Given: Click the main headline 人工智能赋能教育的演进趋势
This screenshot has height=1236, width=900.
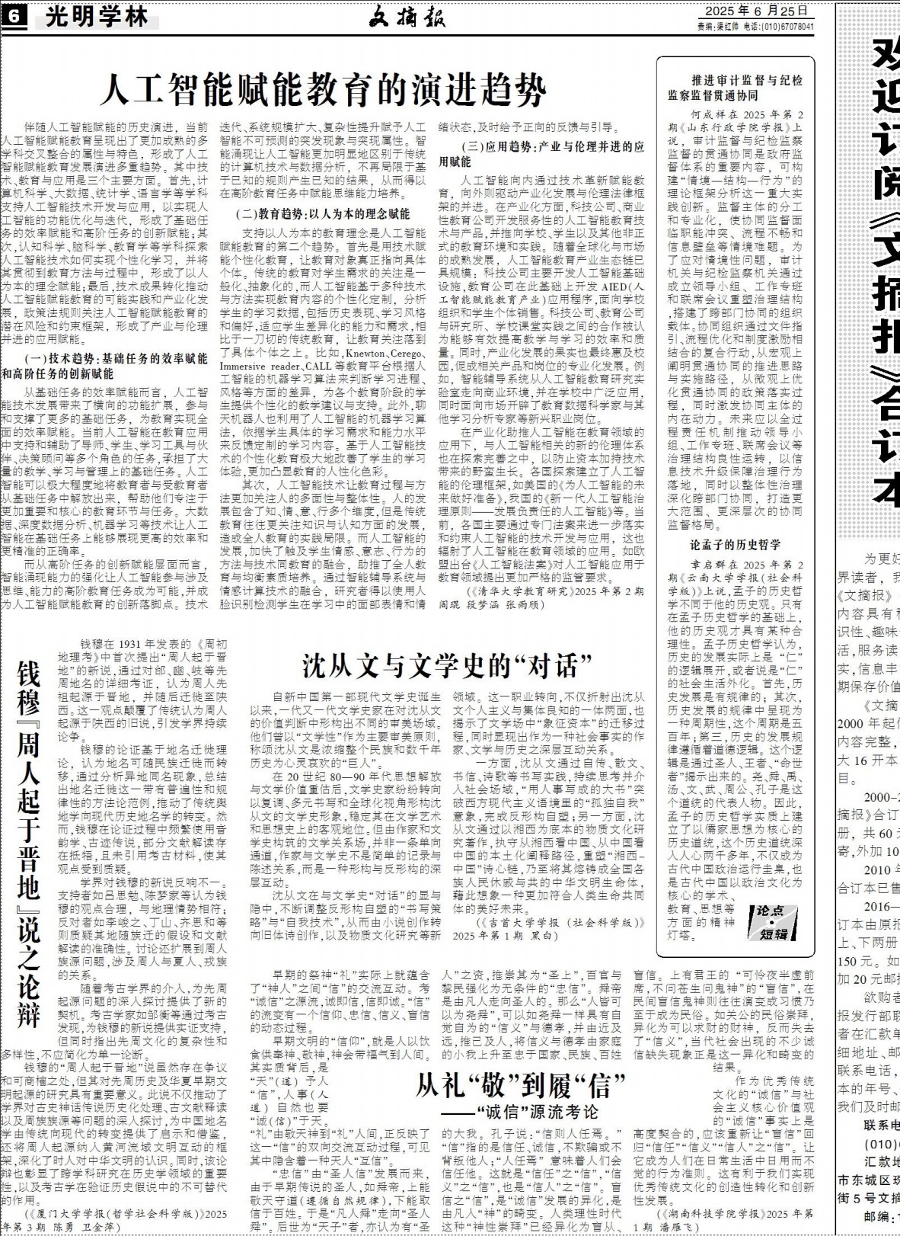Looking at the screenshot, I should pyautogui.click(x=323, y=89).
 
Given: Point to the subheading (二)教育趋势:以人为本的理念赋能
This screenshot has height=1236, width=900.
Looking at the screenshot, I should pyautogui.click(x=323, y=214).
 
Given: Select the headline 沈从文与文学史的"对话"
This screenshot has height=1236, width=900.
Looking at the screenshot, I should pyautogui.click(x=448, y=664).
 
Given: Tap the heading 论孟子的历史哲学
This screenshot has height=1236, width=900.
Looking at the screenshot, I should pyautogui.click(x=735, y=544).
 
